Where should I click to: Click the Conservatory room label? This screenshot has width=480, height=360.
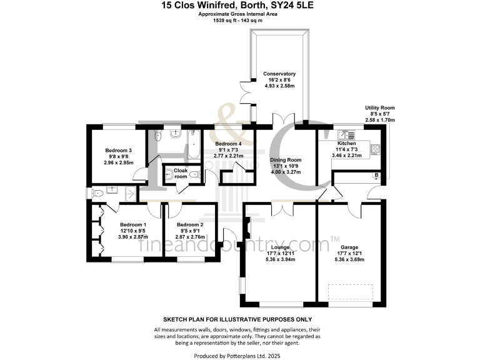(x=279, y=74)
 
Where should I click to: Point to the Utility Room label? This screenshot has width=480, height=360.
(x=380, y=108)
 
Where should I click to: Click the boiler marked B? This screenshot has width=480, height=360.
(x=376, y=176)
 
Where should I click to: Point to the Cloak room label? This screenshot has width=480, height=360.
(x=181, y=173)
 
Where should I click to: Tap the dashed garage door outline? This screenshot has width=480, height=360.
(x=351, y=292)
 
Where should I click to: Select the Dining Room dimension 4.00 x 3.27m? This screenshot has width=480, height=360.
(x=286, y=171)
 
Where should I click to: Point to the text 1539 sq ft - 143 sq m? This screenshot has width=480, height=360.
(x=239, y=21)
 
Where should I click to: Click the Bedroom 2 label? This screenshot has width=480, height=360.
(x=190, y=225)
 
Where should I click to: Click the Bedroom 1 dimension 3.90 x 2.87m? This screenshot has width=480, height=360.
(x=132, y=237)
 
